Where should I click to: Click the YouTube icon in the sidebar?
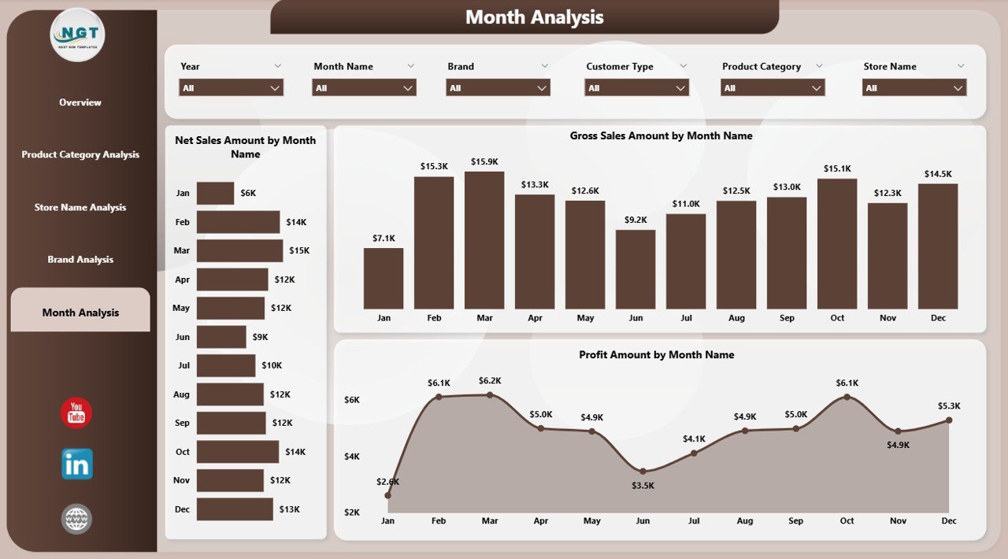pos(76,413)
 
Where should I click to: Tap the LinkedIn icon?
pos(77,465)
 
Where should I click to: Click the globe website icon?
pos(76,519)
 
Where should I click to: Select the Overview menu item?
pos(80,102)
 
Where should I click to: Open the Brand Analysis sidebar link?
pos(80,260)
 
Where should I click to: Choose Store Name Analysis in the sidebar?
pos(80,208)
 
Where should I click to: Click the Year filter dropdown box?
pos(231,88)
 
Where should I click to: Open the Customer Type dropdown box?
pos(636,88)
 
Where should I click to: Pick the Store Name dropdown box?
pos(913,88)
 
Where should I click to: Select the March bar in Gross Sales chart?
pos(484,240)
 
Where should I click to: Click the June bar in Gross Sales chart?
pos(636,269)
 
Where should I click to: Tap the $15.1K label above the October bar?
pos(836,168)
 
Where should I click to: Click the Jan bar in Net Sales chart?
pos(215,193)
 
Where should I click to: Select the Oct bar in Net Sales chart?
pos(238,452)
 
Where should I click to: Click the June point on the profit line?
pos(643,472)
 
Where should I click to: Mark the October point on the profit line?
pos(847,397)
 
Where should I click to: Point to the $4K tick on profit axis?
pos(351,456)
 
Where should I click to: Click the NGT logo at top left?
pos(77,35)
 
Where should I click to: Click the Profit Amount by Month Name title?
pos(656,355)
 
